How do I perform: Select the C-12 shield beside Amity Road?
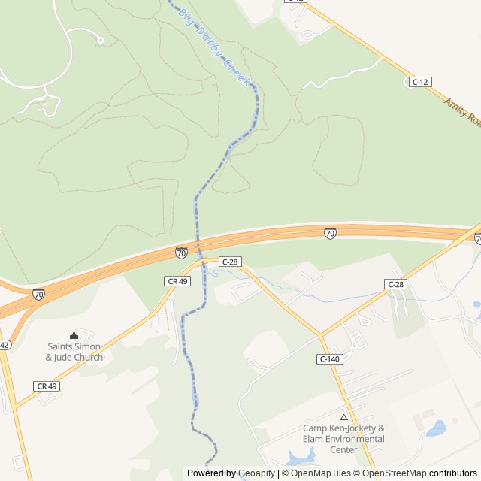pyautogui.click(x=420, y=81)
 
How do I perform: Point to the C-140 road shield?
pyautogui.click(x=329, y=359)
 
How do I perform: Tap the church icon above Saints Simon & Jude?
pyautogui.click(x=74, y=336)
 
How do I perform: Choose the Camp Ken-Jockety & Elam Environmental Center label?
pyautogui.click(x=343, y=439)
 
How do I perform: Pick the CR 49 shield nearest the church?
pyautogui.click(x=47, y=386)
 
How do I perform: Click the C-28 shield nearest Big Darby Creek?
pyautogui.click(x=229, y=261)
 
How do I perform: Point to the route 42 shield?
pyautogui.click(x=4, y=345)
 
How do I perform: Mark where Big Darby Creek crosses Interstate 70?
pyautogui.click(x=198, y=244)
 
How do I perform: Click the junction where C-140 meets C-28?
pyautogui.click(x=319, y=334)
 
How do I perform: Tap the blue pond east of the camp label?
pyautogui.click(x=436, y=429)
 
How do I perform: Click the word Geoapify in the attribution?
pyautogui.click(x=254, y=473)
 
